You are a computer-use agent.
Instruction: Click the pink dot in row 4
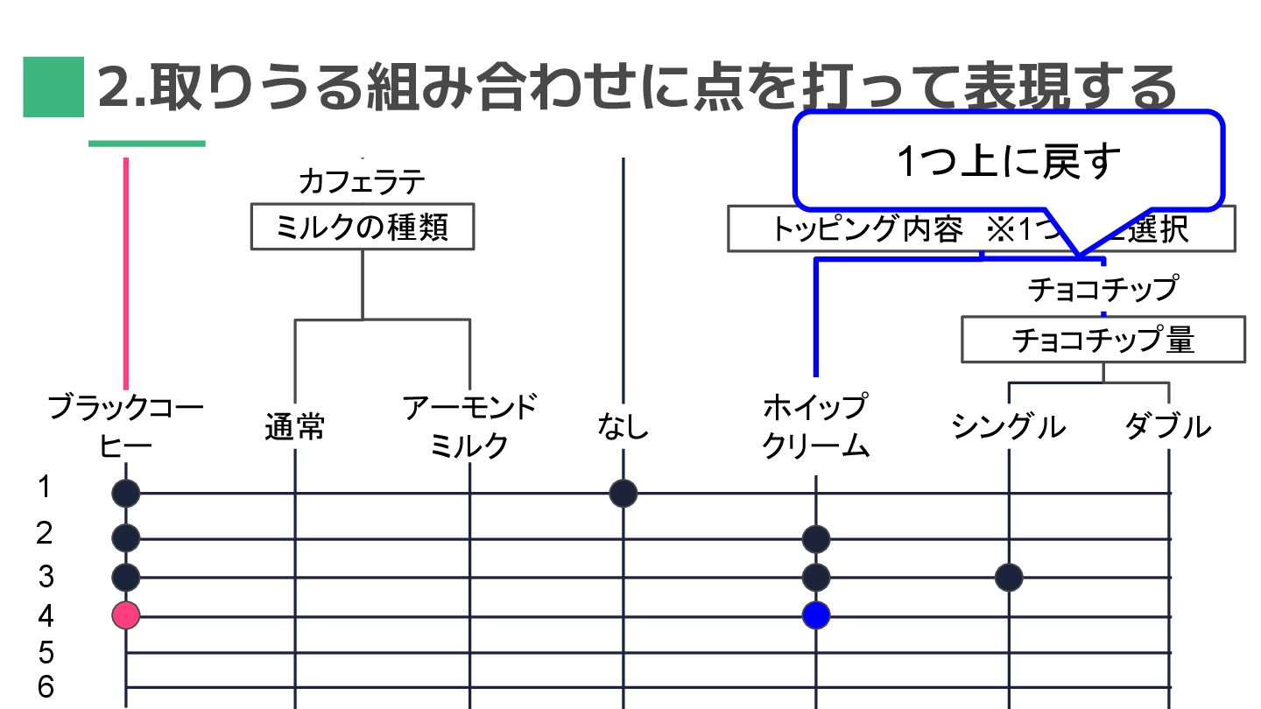126,615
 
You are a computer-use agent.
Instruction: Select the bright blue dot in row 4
816,615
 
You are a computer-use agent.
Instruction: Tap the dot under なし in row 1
623,494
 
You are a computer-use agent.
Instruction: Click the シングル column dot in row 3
1009,577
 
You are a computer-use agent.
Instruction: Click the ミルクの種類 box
363,227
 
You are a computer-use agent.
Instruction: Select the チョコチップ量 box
1102,340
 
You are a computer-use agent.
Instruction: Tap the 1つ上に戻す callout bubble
1008,161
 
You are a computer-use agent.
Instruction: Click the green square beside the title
53,87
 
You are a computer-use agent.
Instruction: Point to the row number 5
46,653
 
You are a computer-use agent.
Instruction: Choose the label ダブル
1167,427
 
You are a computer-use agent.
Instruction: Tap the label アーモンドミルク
469,426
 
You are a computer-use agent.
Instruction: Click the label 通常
295,427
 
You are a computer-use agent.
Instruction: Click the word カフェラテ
362,181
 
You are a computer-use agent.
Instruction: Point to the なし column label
623,427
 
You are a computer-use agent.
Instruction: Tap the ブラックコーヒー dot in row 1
126,494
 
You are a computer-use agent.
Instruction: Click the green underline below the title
147,144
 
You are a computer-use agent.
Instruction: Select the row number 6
46,687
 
